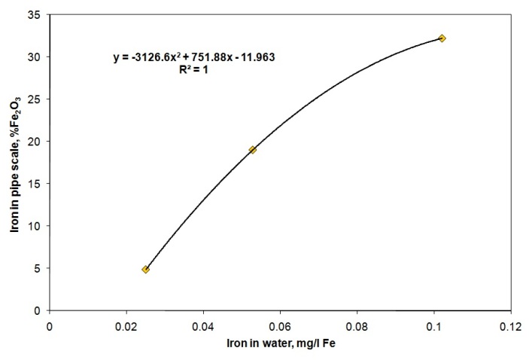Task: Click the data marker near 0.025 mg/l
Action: tap(146, 269)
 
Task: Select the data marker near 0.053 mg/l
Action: tap(252, 150)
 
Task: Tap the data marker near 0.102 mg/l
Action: tap(442, 38)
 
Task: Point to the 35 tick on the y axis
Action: tap(35, 15)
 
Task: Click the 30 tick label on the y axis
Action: tap(35, 57)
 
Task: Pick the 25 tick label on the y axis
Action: tap(35, 99)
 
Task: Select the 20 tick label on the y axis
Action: tap(35, 142)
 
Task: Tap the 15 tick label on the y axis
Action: tap(35, 184)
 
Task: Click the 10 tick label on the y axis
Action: tap(35, 226)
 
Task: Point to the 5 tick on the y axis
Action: tap(38, 268)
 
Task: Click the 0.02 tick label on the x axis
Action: tap(126, 327)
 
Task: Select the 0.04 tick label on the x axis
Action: tap(203, 327)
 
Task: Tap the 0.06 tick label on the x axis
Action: tap(281, 327)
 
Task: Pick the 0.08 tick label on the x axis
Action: tap(357, 327)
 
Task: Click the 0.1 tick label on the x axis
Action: tap(434, 327)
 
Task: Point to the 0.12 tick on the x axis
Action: tap(511, 327)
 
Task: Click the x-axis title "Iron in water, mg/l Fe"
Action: tap(281, 343)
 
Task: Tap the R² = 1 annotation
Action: tap(193, 69)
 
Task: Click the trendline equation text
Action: tap(194, 57)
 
